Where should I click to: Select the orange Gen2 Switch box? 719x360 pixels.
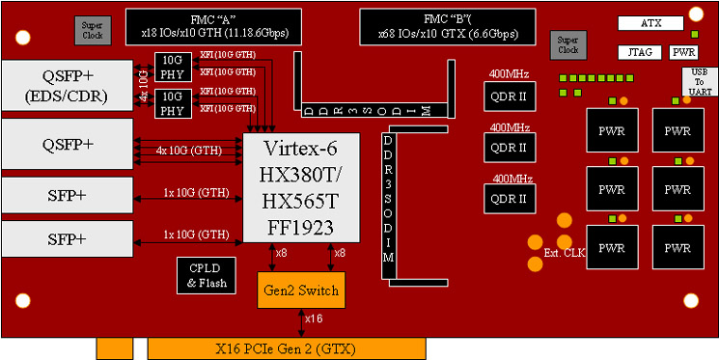click(299, 290)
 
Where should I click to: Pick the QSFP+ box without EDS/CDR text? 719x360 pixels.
click(67, 144)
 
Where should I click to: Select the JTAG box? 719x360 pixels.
click(638, 52)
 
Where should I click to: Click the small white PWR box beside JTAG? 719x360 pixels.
click(683, 52)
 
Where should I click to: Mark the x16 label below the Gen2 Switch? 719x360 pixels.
click(314, 319)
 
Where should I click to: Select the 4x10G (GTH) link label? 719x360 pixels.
click(190, 150)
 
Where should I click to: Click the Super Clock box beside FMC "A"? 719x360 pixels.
click(93, 30)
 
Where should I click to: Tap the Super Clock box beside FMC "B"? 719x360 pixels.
click(567, 43)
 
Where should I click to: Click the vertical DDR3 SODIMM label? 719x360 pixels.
click(389, 204)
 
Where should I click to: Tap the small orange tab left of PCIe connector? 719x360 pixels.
click(114, 348)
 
